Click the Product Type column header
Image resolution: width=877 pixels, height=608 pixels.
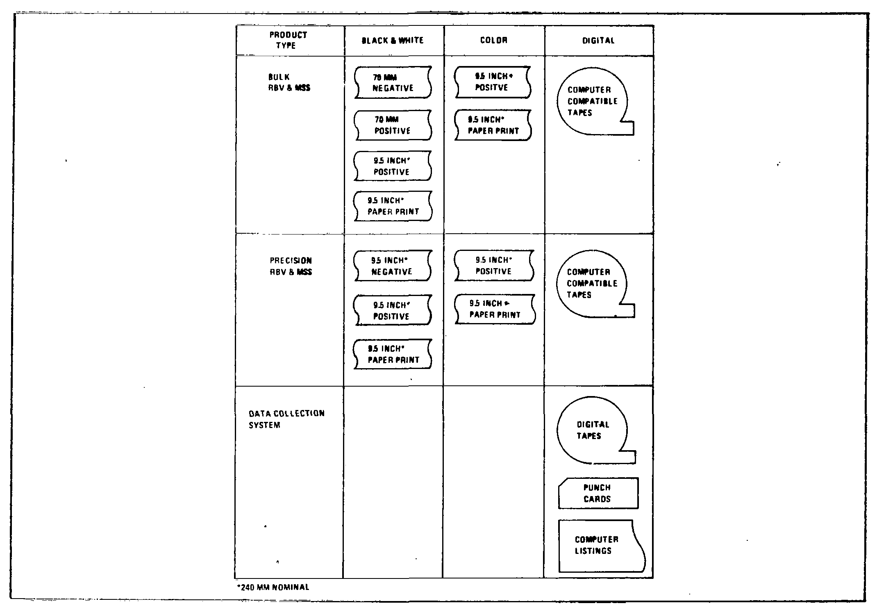288,40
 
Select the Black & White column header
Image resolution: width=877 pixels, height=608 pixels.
392,40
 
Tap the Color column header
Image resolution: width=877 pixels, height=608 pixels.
493,40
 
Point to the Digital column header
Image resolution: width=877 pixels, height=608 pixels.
598,41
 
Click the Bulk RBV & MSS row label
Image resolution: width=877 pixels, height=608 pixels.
289,82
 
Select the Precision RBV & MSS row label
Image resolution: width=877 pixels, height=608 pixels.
291,266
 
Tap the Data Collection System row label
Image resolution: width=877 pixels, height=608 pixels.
286,419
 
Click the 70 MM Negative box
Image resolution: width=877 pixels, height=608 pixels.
393,82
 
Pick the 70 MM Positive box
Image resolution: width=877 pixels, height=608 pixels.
393,125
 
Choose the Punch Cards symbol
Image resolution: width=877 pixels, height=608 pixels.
598,493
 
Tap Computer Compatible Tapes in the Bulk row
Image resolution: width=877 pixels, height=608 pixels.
592,101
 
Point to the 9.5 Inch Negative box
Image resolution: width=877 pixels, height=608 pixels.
392,266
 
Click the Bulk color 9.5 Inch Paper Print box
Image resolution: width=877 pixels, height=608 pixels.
493,125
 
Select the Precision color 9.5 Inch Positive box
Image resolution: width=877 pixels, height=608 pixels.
494,265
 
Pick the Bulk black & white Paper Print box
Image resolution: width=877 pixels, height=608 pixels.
393,206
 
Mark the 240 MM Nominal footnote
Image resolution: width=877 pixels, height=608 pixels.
273,587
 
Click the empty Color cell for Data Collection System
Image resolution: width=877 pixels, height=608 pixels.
493,482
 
